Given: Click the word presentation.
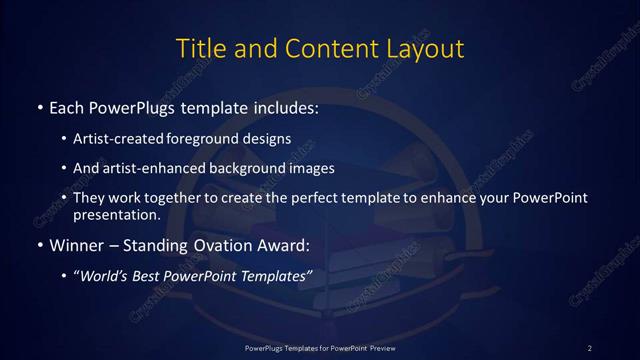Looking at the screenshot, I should coord(116,215).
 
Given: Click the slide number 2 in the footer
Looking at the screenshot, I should coord(590,347).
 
